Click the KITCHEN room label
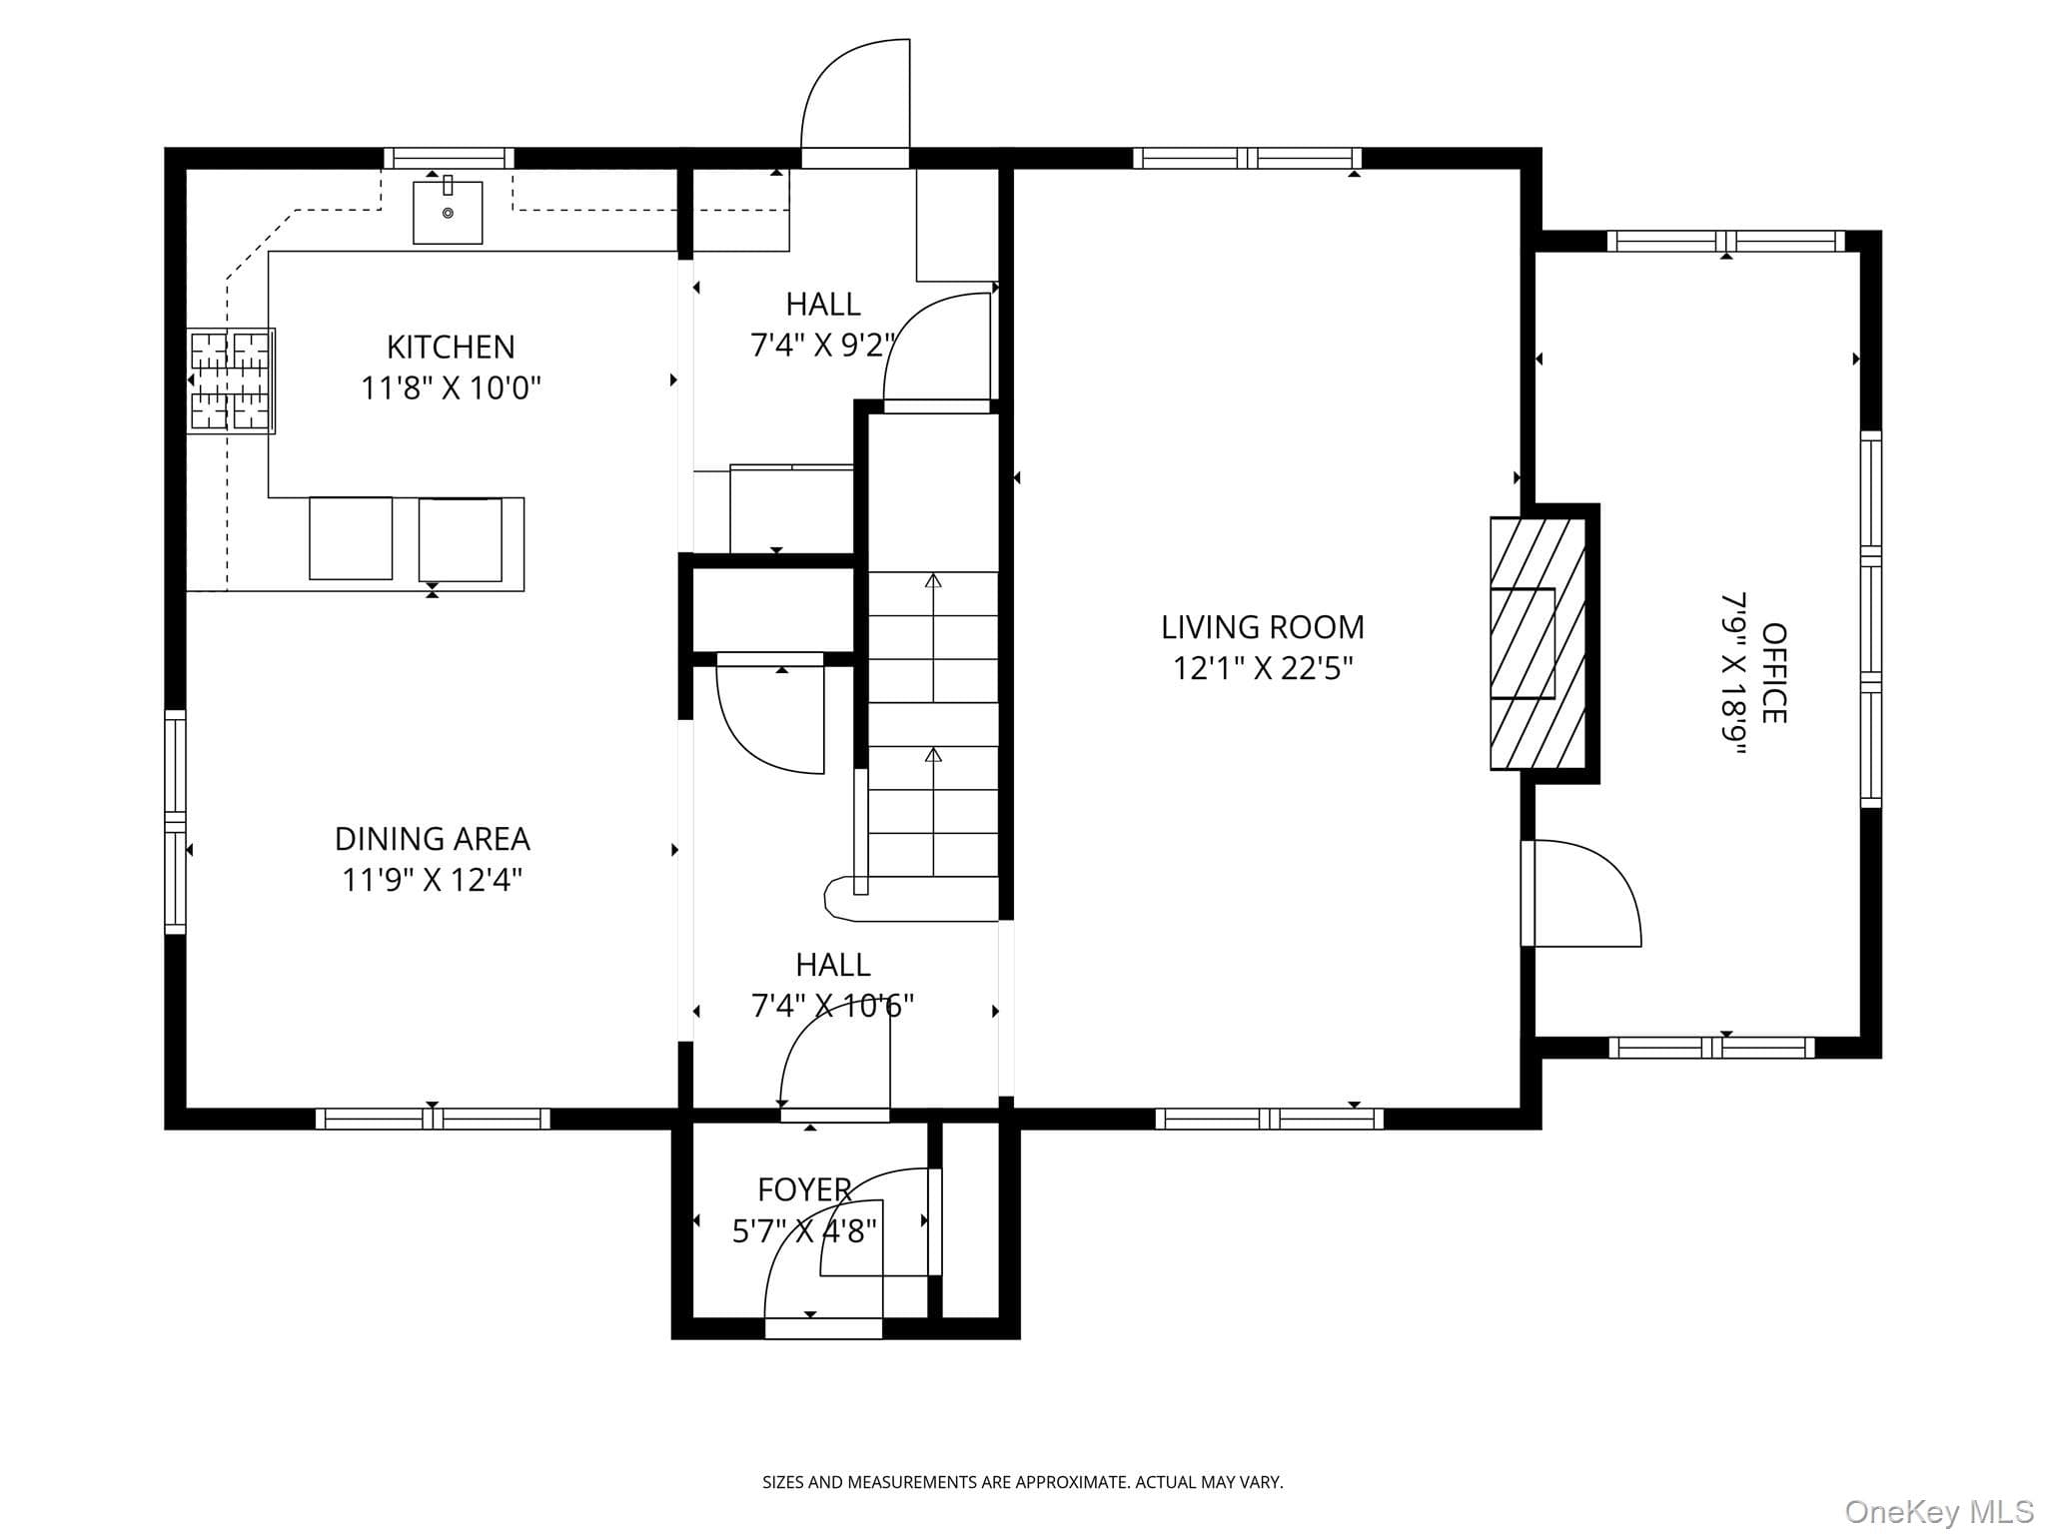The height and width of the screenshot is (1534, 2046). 451,347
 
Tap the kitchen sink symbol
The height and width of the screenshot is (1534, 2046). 448,211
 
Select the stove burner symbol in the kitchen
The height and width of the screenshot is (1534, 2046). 231,381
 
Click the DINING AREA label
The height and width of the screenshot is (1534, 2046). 432,838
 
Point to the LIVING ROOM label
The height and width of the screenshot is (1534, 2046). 1262,627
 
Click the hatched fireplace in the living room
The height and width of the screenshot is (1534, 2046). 1537,643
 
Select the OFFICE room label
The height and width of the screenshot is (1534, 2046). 1774,673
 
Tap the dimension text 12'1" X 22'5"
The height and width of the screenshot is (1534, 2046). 1263,668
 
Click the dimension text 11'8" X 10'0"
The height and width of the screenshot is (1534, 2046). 451,387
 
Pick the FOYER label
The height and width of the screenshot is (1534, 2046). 804,1189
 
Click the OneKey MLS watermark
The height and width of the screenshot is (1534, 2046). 1939,1512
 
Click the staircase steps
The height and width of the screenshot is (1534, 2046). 933,724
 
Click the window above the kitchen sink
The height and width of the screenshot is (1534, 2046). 450,158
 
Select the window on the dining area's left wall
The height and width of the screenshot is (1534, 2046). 175,822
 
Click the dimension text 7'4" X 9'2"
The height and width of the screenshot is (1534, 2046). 823,345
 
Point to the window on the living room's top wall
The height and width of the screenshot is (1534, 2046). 1248,158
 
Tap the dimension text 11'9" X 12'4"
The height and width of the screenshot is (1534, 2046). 432,880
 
